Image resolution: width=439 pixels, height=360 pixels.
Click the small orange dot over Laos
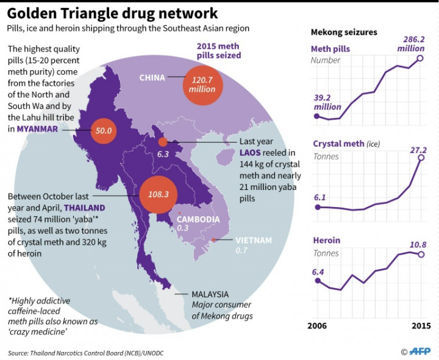click(x=162, y=142)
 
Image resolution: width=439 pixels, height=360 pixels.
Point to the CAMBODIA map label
click(x=198, y=219)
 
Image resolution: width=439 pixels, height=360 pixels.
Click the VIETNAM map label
click(x=254, y=241)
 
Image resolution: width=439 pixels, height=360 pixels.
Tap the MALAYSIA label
click(x=210, y=294)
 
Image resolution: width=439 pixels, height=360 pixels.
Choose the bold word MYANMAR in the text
click(x=37, y=129)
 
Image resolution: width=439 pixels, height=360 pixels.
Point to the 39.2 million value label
click(x=328, y=101)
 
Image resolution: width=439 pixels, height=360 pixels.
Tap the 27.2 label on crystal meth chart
click(x=418, y=149)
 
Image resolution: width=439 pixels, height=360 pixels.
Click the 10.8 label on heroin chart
click(x=418, y=245)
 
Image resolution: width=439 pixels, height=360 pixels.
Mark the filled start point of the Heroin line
click(x=317, y=280)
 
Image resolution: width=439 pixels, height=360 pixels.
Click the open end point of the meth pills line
click(x=419, y=58)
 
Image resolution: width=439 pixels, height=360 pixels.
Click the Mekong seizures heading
click(x=344, y=32)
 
